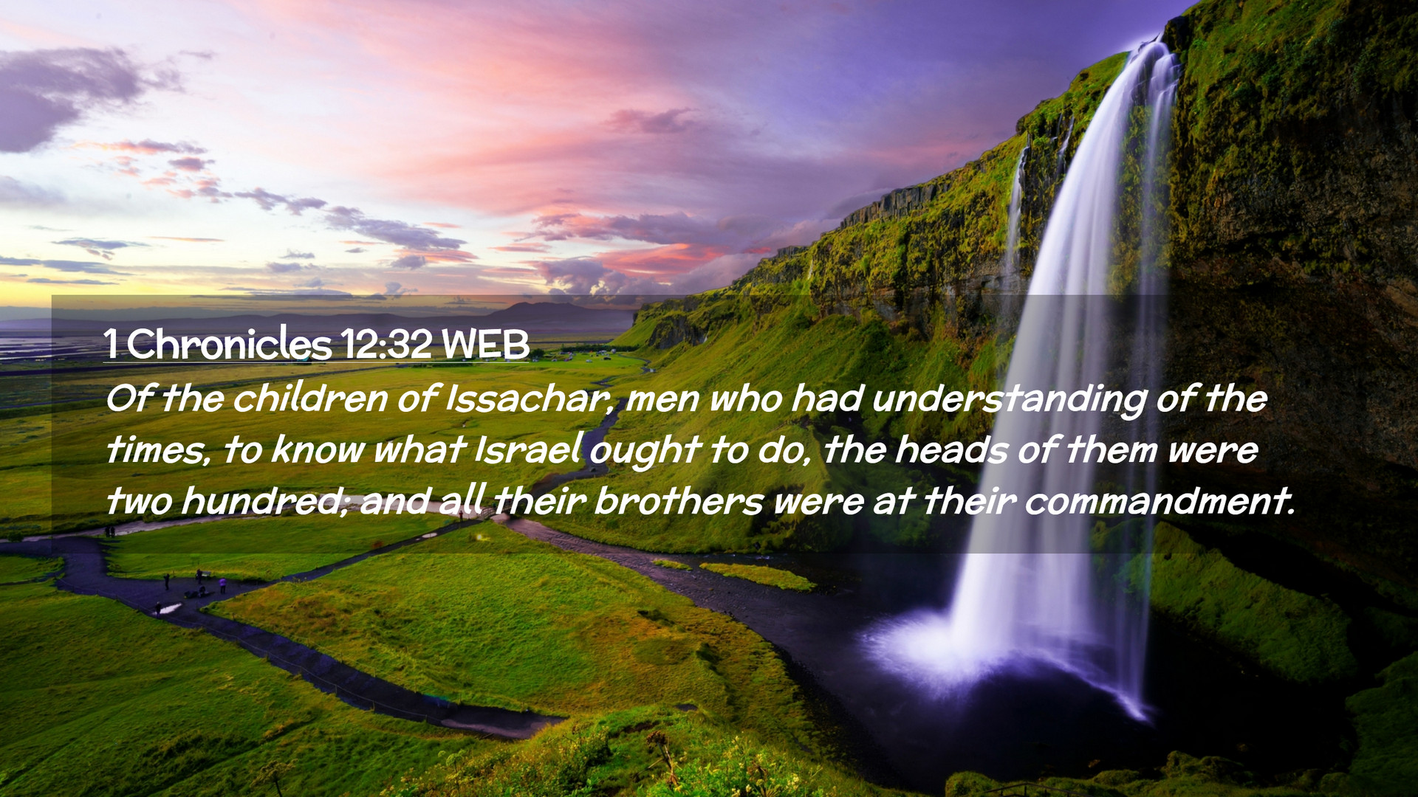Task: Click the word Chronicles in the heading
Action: click(229, 344)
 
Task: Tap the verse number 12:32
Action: click(386, 344)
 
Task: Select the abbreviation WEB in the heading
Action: click(486, 344)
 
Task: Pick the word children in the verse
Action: click(310, 399)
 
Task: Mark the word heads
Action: click(951, 450)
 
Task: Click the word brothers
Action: click(679, 502)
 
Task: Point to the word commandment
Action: click(1160, 502)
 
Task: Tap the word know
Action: click(318, 450)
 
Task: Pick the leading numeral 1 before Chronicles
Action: click(111, 344)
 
